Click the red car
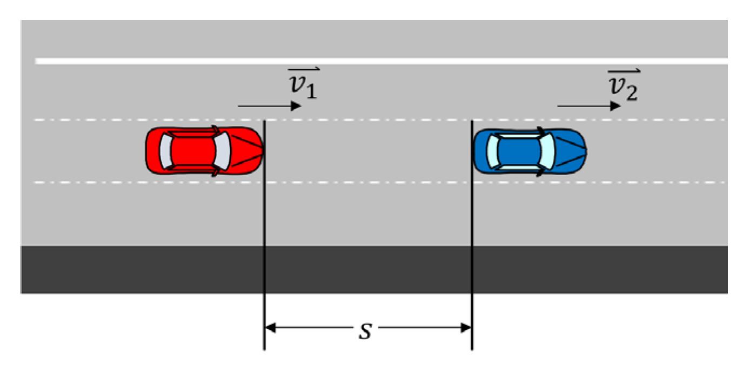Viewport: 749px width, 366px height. tap(204, 150)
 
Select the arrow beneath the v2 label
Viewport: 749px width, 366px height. tap(588, 106)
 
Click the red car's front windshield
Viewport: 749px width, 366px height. tap(222, 150)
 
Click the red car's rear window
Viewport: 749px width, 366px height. tap(166, 150)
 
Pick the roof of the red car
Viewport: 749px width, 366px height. tap(193, 150)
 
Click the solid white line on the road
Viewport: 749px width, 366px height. tap(378, 61)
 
